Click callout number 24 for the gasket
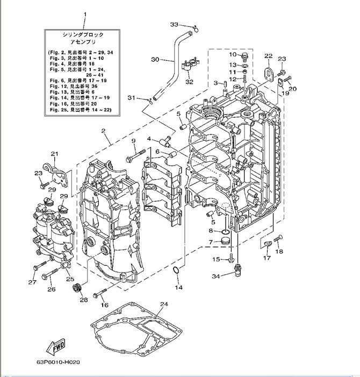(164, 304)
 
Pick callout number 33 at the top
(174, 25)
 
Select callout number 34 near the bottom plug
(215, 276)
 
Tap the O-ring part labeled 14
(176, 277)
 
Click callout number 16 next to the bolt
(104, 304)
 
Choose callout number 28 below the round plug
(83, 299)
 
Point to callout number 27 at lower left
(32, 281)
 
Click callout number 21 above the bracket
(54, 154)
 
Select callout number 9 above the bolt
(134, 141)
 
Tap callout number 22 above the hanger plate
(268, 55)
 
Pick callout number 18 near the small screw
(279, 252)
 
